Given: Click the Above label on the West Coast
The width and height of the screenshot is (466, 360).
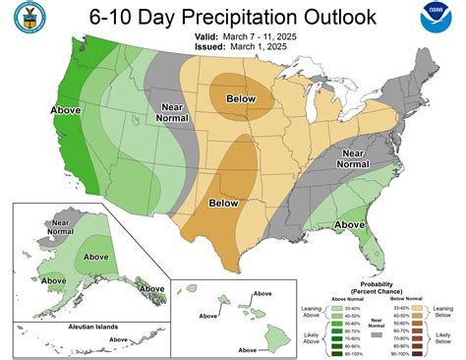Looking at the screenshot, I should click(37, 111).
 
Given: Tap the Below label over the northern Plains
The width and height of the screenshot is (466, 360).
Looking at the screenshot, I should click(240, 98).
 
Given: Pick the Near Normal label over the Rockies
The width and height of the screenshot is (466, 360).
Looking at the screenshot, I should click(172, 110).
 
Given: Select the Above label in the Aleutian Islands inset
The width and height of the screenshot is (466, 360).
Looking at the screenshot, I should click(118, 339).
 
